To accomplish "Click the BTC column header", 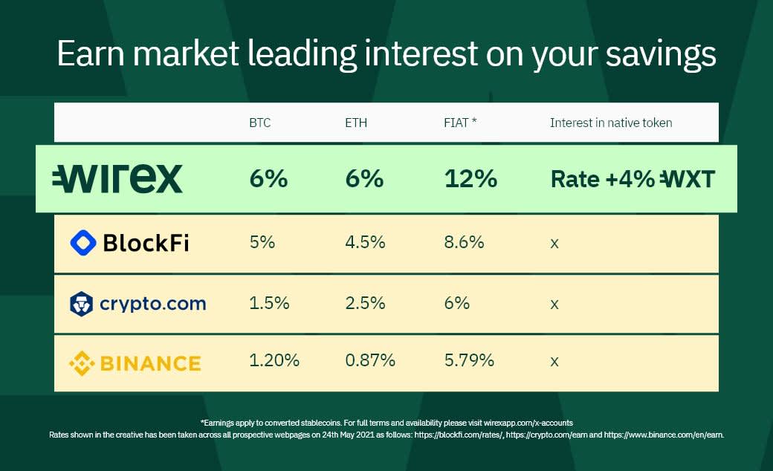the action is (260, 123).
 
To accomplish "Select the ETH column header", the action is (356, 123).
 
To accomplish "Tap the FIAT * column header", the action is (460, 122).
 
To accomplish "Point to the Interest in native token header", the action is (611, 123).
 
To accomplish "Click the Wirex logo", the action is (117, 178).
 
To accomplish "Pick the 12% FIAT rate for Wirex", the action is (470, 178).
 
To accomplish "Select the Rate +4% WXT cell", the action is (633, 179).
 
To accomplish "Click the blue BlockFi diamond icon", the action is (83, 242).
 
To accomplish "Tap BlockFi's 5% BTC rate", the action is (262, 242).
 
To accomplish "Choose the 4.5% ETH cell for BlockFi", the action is (365, 242).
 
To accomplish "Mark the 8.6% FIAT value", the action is (464, 242).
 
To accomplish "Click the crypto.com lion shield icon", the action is (81, 304).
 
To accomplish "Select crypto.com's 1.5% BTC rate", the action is (269, 302).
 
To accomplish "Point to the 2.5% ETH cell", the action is (365, 302).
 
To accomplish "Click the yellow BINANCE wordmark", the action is (150, 363).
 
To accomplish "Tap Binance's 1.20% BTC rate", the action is (274, 360).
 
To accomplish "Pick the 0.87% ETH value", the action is (370, 360).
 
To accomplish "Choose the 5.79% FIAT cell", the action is (469, 360).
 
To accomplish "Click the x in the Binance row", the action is (554, 362).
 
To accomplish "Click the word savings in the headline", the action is (661, 54).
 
